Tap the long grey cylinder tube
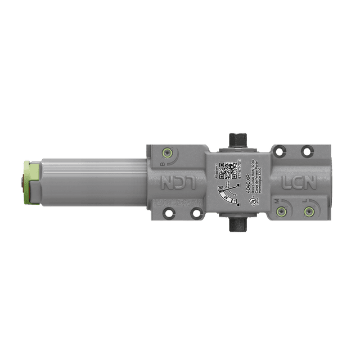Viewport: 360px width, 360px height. click(90, 180)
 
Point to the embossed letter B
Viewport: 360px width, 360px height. click(163, 164)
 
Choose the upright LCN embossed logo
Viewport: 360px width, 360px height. click(298, 183)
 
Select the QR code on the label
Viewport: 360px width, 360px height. click(227, 169)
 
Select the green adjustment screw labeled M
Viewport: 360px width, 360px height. click(282, 211)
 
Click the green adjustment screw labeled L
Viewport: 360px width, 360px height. click(309, 211)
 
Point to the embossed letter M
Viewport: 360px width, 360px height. click(276, 200)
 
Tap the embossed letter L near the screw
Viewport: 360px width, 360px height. click(304, 200)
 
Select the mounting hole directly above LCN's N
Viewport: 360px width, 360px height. click(307, 150)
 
